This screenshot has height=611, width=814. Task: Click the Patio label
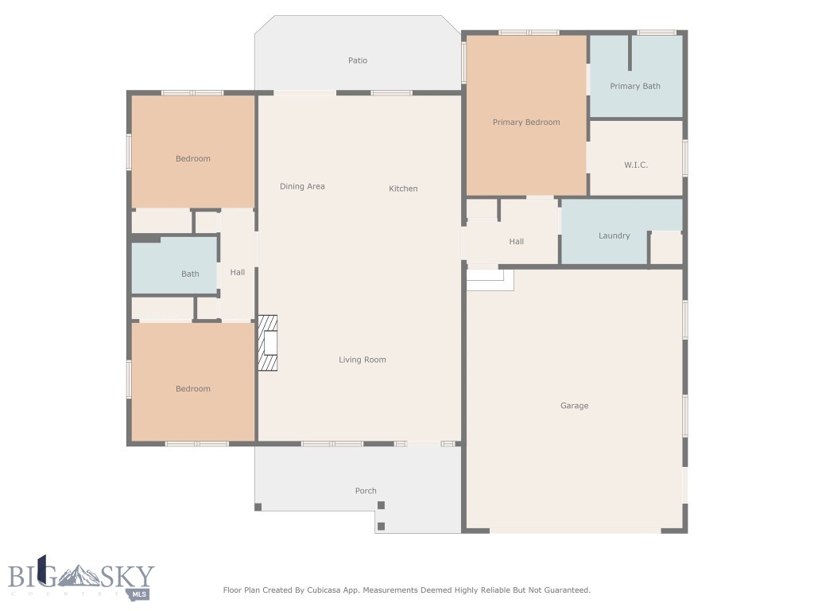pyautogui.click(x=358, y=60)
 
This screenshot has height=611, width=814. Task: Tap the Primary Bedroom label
pyautogui.click(x=526, y=123)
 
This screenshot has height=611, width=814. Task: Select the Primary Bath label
pyautogui.click(x=635, y=86)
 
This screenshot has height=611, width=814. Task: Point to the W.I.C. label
pyautogui.click(x=636, y=165)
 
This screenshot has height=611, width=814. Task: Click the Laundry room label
pyautogui.click(x=614, y=235)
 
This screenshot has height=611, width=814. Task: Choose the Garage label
pyautogui.click(x=574, y=406)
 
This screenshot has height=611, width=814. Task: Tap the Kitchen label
pyautogui.click(x=403, y=189)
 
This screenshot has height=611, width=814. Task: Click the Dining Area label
pyautogui.click(x=302, y=186)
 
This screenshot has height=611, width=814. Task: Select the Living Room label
pyautogui.click(x=362, y=360)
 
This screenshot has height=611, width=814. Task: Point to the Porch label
pyautogui.click(x=366, y=491)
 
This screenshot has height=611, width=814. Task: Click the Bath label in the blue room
pyautogui.click(x=190, y=274)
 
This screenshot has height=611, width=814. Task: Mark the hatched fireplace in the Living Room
pyautogui.click(x=267, y=343)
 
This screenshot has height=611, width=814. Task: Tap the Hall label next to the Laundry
pyautogui.click(x=517, y=242)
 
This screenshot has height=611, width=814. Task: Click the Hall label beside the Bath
pyautogui.click(x=238, y=273)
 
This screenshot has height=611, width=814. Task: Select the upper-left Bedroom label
pyautogui.click(x=193, y=159)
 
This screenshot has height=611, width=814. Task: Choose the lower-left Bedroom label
pyautogui.click(x=193, y=389)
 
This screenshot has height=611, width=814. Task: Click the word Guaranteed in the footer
pyautogui.click(x=565, y=590)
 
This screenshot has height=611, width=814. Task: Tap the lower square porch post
pyautogui.click(x=381, y=526)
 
